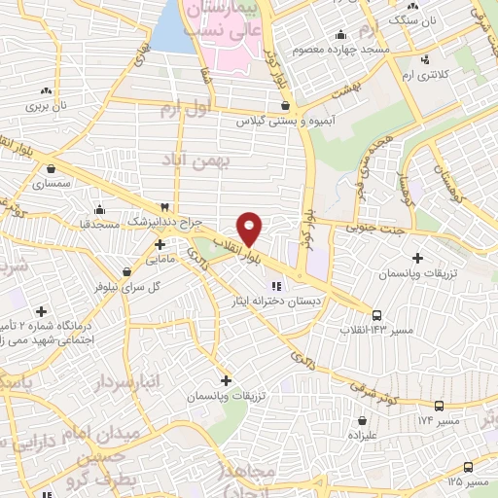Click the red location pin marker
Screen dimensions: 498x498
click(250, 228)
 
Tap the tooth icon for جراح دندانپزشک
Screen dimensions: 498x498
click(163, 207)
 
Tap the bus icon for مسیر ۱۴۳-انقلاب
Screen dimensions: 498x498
click(377, 315)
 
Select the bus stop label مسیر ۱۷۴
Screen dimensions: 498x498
click(468, 419)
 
